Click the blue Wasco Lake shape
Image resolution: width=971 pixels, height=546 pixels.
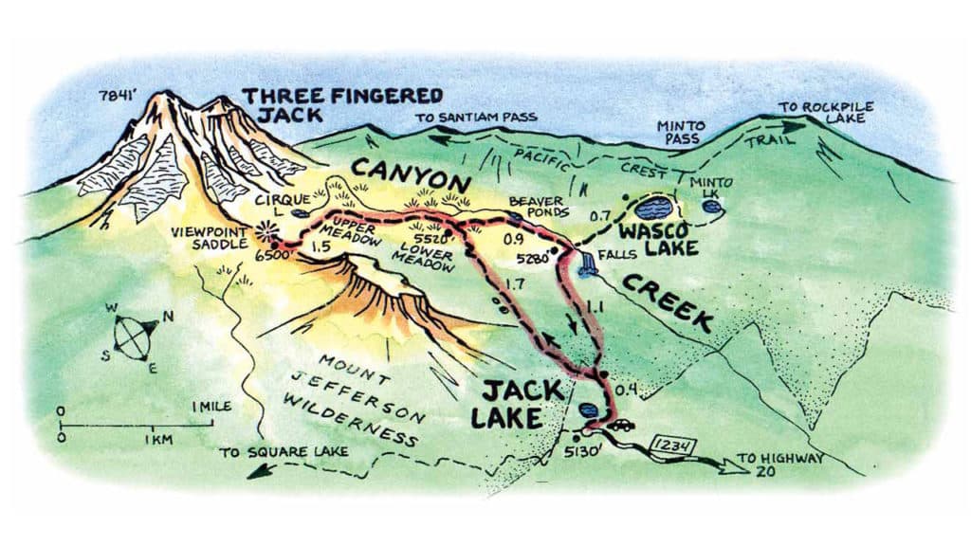pyautogui.click(x=654, y=209)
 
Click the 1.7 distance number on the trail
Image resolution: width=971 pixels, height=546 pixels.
pyautogui.click(x=518, y=282)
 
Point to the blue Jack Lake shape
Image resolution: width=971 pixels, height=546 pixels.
pyautogui.click(x=588, y=411)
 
